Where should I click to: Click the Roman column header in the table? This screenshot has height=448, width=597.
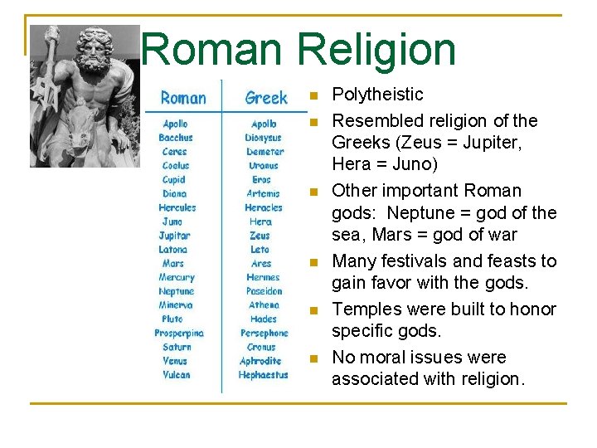point(183,98)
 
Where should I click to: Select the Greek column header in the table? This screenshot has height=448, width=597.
point(266,98)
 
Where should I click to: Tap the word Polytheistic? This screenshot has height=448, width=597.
point(377,95)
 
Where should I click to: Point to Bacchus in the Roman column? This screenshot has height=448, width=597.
point(176,138)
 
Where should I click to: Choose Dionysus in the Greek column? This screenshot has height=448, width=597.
point(264,138)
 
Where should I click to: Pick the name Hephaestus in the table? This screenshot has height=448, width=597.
point(264,375)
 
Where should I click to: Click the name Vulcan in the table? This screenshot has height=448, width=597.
point(176,375)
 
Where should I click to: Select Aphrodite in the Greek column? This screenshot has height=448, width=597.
point(261,361)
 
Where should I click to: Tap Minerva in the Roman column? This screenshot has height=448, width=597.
point(176,305)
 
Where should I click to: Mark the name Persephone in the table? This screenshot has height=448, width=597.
point(264,333)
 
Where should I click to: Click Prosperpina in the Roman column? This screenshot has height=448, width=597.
point(179,333)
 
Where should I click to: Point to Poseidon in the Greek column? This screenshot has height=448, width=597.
point(264,291)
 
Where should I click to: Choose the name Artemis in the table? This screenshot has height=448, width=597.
point(263,193)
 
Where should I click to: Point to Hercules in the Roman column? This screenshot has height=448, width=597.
point(177,207)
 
